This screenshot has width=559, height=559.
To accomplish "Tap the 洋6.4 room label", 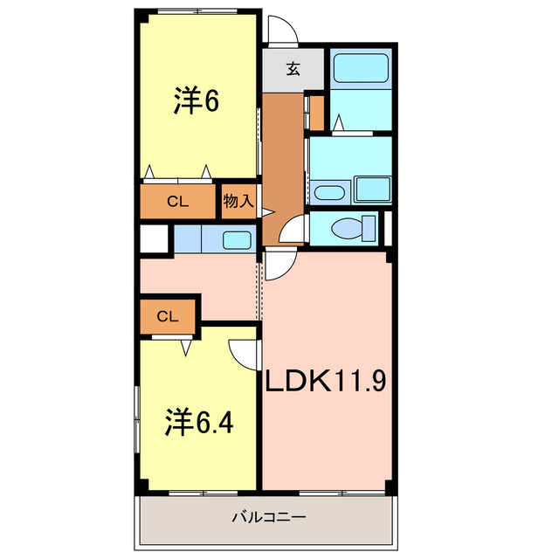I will [199, 424].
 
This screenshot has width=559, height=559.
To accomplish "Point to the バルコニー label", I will [268, 517].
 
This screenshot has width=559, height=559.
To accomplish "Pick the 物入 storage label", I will [238, 201].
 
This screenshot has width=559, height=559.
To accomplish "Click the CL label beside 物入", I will [178, 202].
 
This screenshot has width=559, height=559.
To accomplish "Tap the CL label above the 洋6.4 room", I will [169, 316].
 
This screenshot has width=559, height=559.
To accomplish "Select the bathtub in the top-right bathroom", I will [361, 67].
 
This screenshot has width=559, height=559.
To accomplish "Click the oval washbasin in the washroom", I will [329, 192].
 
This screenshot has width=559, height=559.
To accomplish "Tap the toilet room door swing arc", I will [293, 229].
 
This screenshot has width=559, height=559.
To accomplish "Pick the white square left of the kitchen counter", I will [155, 238].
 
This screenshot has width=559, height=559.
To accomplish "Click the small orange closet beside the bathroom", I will [317, 108].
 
